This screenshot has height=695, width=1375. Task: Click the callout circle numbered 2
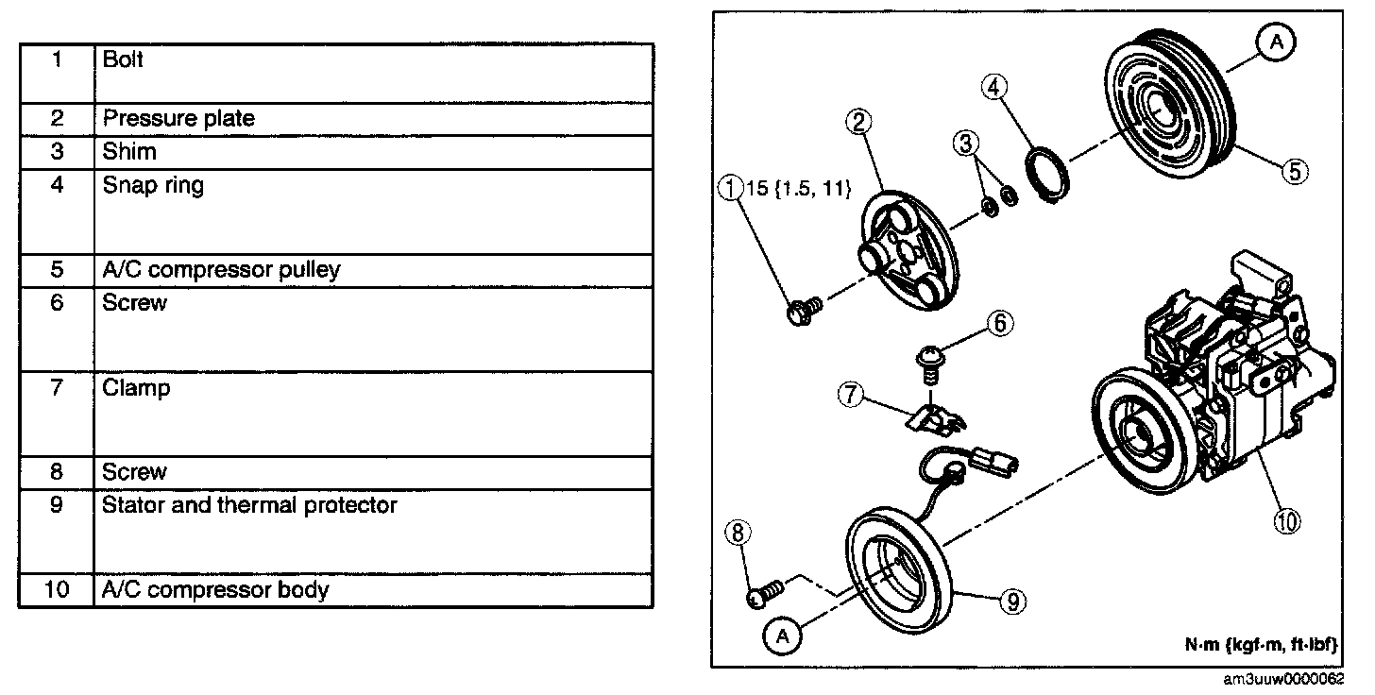858,121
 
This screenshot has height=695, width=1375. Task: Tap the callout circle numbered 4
993,88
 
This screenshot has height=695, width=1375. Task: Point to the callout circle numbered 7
850,395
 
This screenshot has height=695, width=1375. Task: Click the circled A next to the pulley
1276,42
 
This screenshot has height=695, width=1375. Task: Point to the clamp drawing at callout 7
935,415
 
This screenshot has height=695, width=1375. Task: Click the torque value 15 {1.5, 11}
798,190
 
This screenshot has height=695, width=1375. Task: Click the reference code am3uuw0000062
1299,680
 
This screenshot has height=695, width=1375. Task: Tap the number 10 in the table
57,590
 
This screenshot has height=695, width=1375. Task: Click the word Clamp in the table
137,388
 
